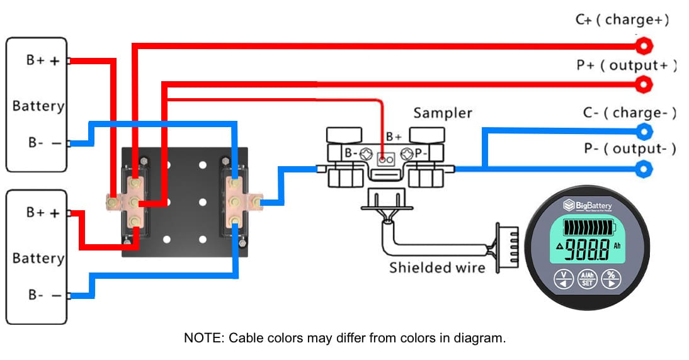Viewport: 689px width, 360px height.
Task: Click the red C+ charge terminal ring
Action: pyautogui.click(x=643, y=46)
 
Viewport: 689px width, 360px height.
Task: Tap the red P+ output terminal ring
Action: pyautogui.click(x=643, y=84)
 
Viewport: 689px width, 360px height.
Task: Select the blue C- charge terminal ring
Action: pyautogui.click(x=643, y=132)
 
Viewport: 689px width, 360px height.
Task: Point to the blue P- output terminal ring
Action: pyautogui.click(x=643, y=169)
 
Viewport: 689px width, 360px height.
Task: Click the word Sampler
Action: pyautogui.click(x=442, y=113)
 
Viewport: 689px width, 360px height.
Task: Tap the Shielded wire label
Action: pyautogui.click(x=437, y=267)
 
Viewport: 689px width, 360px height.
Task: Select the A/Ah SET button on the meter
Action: pyautogui.click(x=587, y=279)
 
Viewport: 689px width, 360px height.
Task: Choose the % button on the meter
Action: pyautogui.click(x=610, y=279)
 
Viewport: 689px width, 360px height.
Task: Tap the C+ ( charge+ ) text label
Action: pyautogui.click(x=622, y=20)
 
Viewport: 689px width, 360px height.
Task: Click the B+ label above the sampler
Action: pyautogui.click(x=394, y=136)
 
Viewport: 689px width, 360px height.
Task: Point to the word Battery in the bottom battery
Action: pyautogui.click(x=38, y=258)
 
